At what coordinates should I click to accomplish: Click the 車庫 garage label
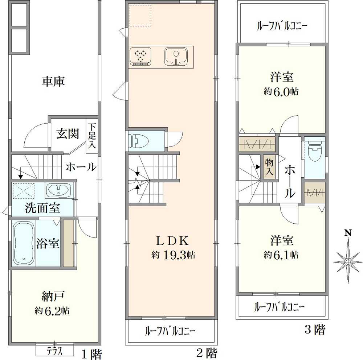tap(53, 81)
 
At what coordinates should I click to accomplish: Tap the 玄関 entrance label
tap(68, 134)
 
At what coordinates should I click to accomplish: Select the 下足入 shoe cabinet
tap(92, 136)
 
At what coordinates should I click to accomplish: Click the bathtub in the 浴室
tap(24, 243)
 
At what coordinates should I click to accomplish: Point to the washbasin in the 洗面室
tap(58, 190)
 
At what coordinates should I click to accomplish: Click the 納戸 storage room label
tap(53, 296)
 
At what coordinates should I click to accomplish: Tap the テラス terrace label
tap(55, 352)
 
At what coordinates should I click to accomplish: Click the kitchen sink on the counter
tap(176, 57)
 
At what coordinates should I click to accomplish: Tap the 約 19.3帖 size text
tap(173, 255)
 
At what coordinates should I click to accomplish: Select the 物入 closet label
tap(269, 167)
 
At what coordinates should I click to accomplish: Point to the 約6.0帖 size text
tap(281, 92)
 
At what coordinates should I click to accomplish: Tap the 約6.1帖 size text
tap(281, 255)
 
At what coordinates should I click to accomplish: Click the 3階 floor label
tap(315, 330)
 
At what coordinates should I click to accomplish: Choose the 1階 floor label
tap(91, 354)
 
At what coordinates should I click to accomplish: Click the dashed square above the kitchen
tap(140, 16)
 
